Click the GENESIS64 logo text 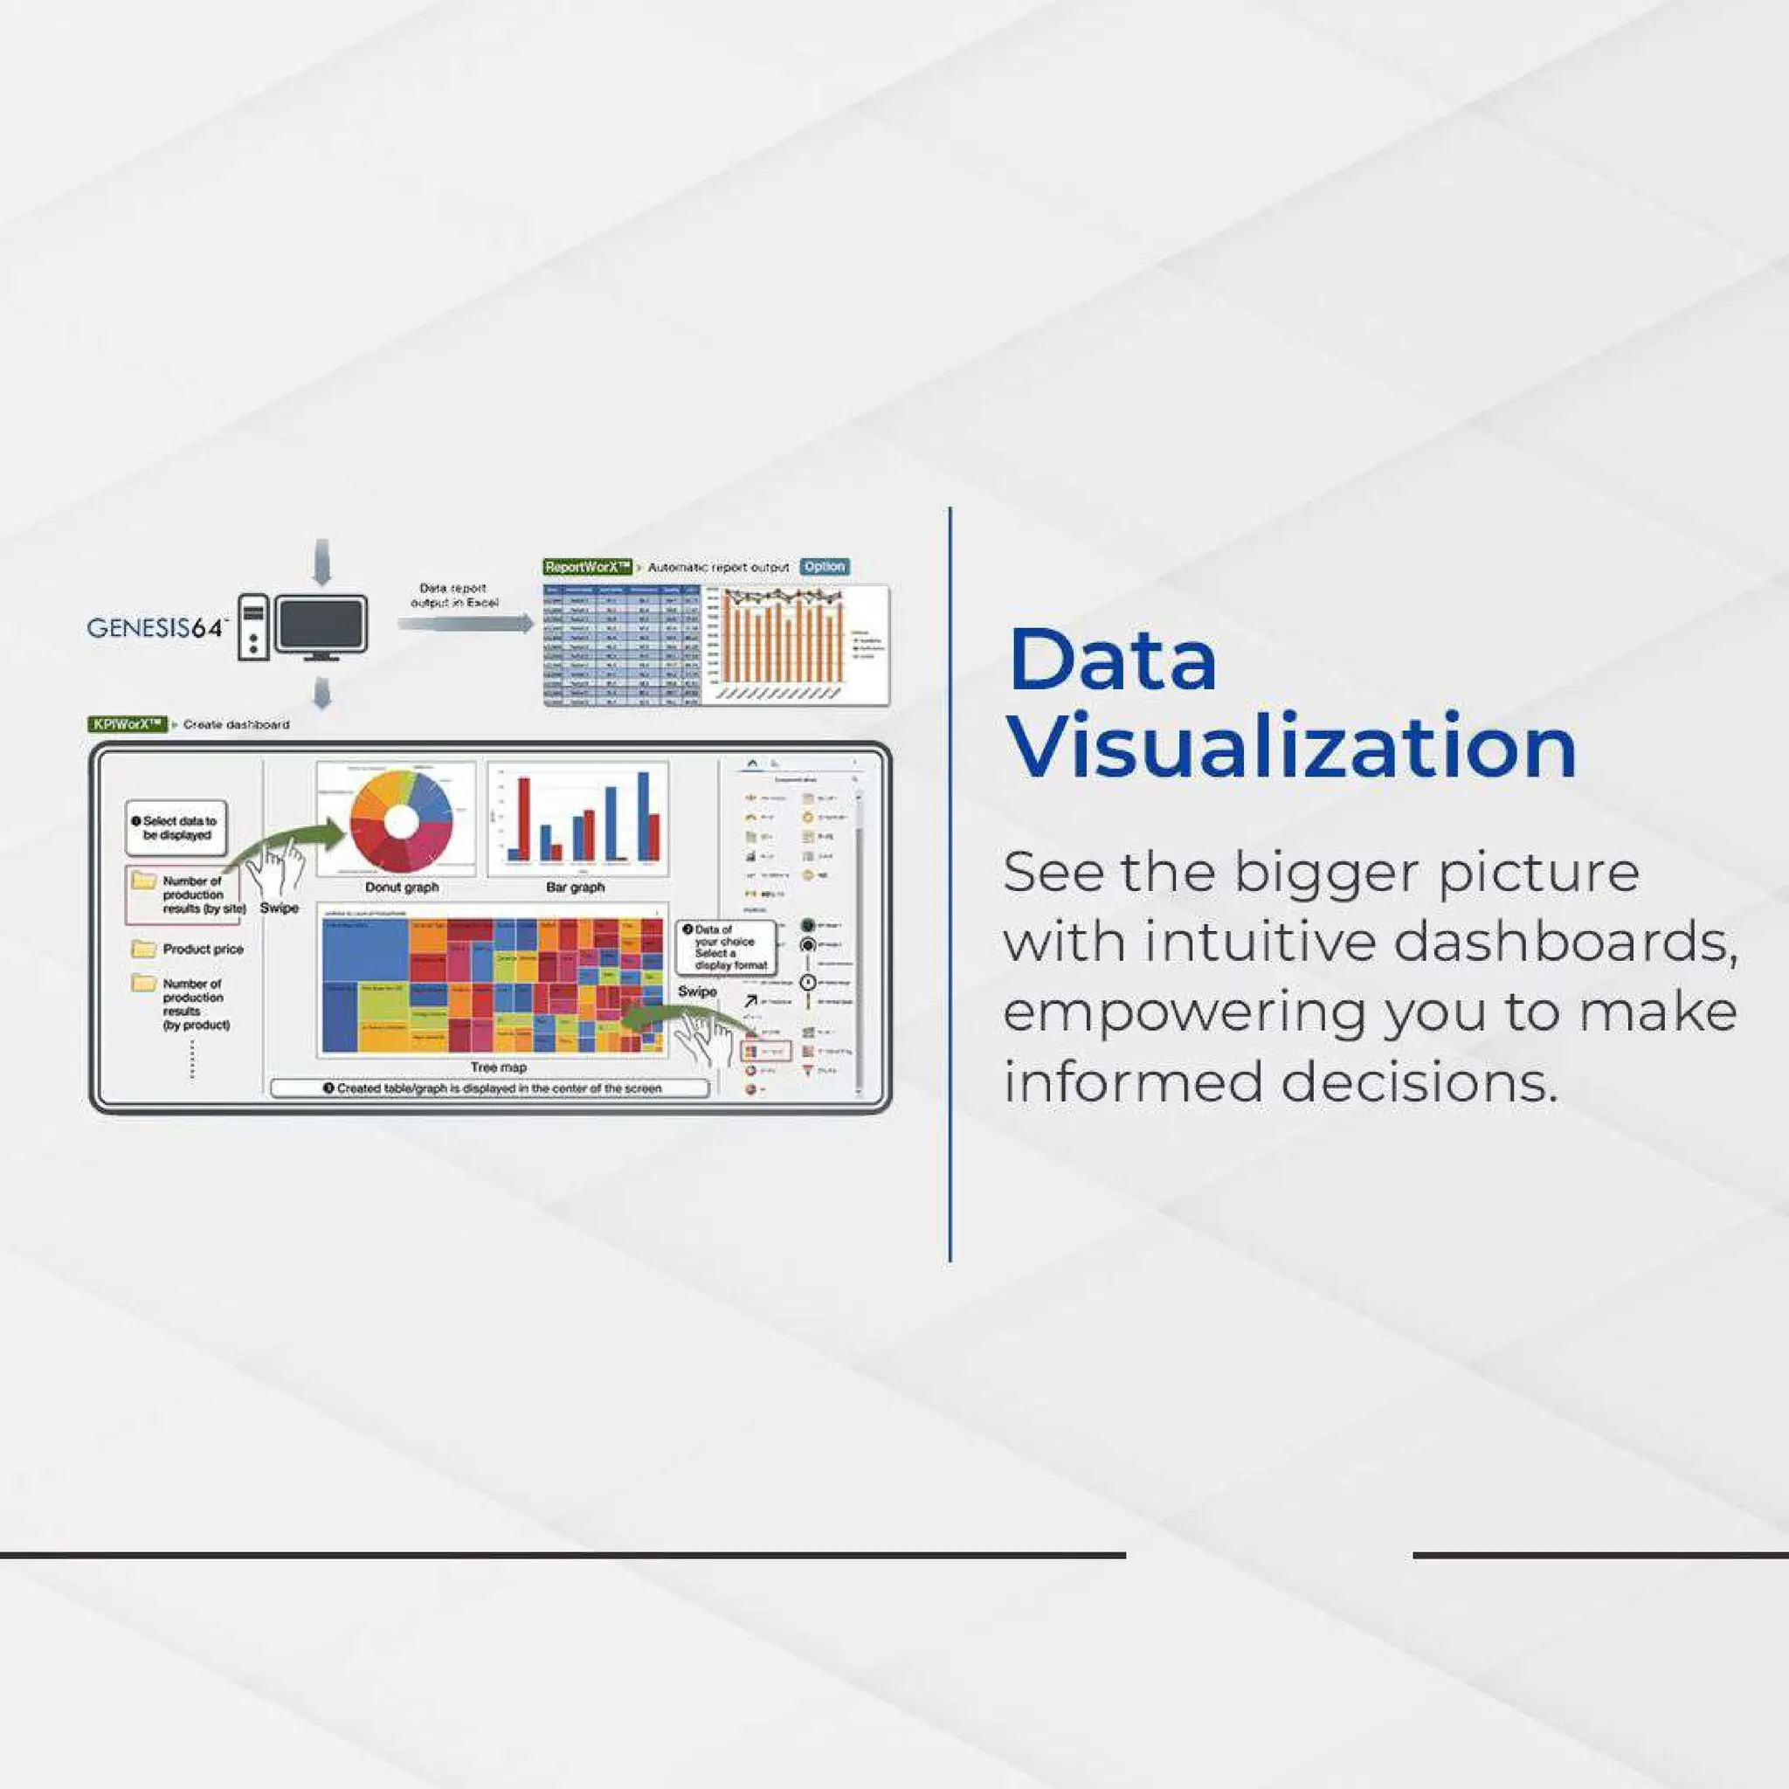(x=155, y=628)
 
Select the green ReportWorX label (x=587, y=567)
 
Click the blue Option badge (x=823, y=567)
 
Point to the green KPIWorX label (x=128, y=724)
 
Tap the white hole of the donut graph (x=400, y=821)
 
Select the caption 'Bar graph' (x=575, y=888)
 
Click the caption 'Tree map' (x=498, y=1067)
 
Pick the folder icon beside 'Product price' (x=143, y=948)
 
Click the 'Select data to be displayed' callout (x=176, y=828)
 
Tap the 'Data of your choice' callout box (x=726, y=947)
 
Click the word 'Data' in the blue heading (x=1112, y=660)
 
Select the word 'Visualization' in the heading (x=1292, y=747)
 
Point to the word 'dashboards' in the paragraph (x=1565, y=942)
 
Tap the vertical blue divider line (x=950, y=884)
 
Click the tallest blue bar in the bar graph (x=644, y=816)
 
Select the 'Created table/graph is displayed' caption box (x=490, y=1088)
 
